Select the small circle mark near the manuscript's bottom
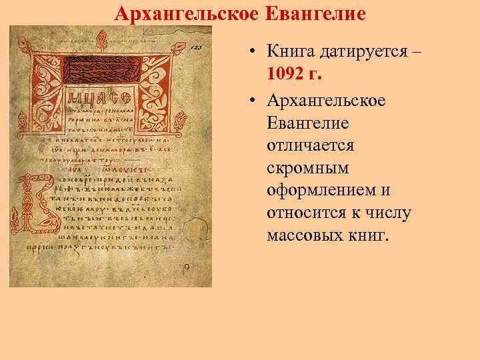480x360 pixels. coord(187,266)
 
